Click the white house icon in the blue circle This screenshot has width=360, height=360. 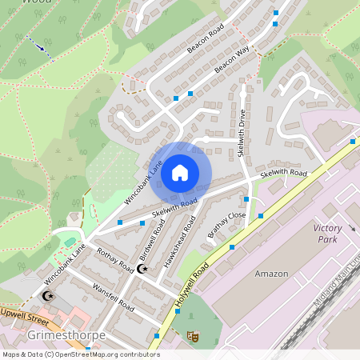[x=180, y=172]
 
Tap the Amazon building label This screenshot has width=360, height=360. [x=271, y=274]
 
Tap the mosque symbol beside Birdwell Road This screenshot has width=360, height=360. [x=143, y=269]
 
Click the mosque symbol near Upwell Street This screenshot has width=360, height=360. [x=47, y=297]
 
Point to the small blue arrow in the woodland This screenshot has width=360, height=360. [x=40, y=47]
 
